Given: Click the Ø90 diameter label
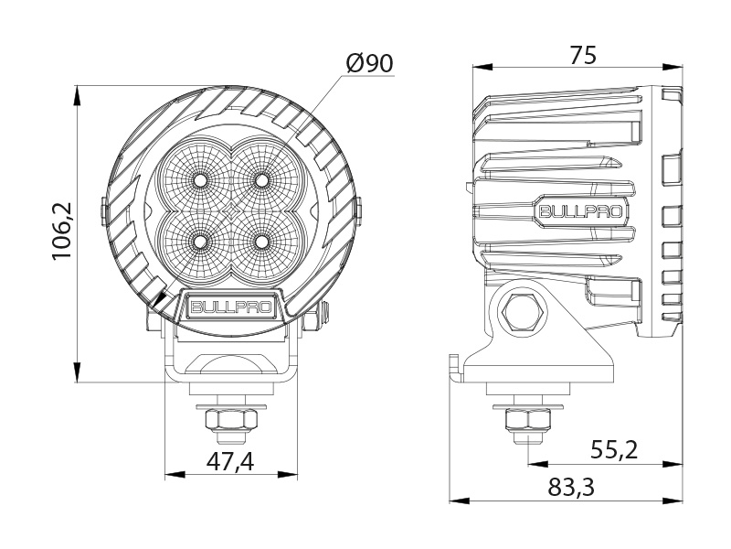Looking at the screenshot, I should [369, 63].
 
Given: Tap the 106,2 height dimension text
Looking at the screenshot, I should [62, 232].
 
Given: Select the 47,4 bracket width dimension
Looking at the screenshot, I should [229, 462].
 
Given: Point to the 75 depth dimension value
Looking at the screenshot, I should [582, 55].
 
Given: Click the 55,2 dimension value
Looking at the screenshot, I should [613, 449].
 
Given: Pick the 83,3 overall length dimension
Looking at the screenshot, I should [571, 488].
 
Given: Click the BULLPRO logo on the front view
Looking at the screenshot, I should [230, 307].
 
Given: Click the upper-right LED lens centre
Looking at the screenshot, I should [262, 178].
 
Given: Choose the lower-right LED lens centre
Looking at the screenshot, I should [262, 241].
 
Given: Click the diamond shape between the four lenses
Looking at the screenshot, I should [231, 210].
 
